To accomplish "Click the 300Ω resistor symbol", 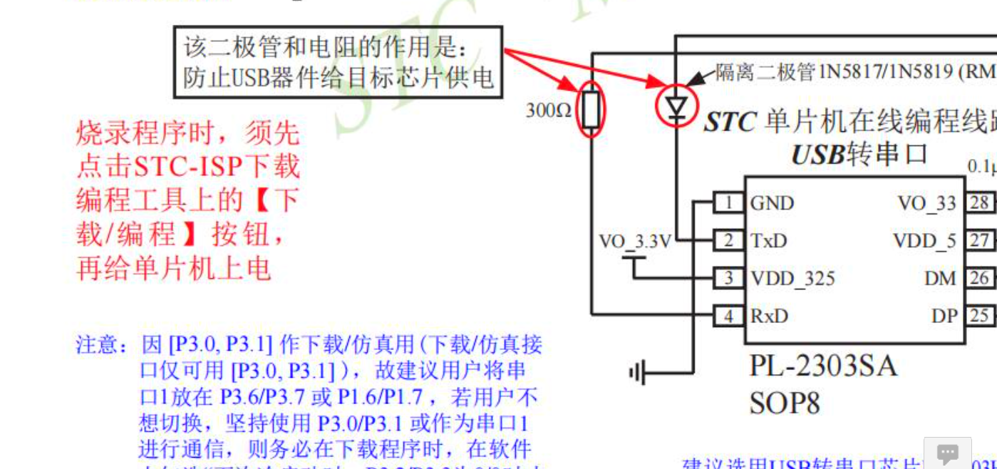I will (591, 109).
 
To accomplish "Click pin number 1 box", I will (728, 203).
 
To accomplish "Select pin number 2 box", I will (728, 241).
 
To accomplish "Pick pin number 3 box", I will (728, 278).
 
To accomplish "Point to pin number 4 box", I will (728, 316).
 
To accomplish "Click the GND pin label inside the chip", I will (771, 204).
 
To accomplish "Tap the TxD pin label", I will (768, 241).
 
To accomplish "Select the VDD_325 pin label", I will (792, 279).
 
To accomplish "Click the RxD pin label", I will (769, 316).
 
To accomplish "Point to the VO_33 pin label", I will (926, 204).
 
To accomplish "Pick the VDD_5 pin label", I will (924, 241).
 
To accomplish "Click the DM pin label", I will (940, 279).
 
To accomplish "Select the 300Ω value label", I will (549, 110).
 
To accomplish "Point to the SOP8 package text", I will (784, 403).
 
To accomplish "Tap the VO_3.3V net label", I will (634, 242).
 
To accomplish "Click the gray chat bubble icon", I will (947, 453).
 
